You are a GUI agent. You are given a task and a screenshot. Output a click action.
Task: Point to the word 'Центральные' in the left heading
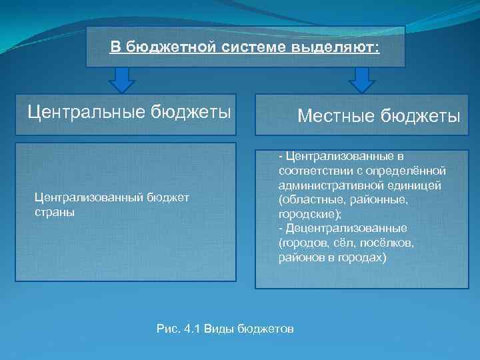[x=85, y=111]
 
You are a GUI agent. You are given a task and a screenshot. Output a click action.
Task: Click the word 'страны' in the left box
[x=54, y=212]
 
